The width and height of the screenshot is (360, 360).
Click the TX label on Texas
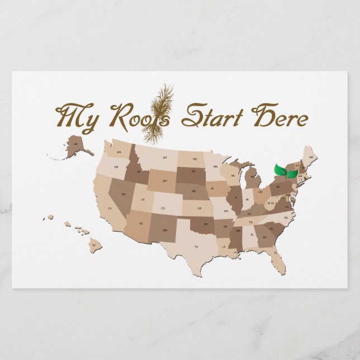point(196,247)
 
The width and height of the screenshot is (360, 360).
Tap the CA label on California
point(110,209)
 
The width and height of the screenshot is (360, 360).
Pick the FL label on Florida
point(276,253)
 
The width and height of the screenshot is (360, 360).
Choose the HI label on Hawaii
point(94,245)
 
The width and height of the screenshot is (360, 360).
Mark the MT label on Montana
point(165,158)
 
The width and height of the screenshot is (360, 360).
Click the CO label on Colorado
point(163,209)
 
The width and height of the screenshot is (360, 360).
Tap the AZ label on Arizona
point(141,224)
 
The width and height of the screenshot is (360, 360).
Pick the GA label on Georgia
point(264,236)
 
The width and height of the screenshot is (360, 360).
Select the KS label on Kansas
point(199,209)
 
